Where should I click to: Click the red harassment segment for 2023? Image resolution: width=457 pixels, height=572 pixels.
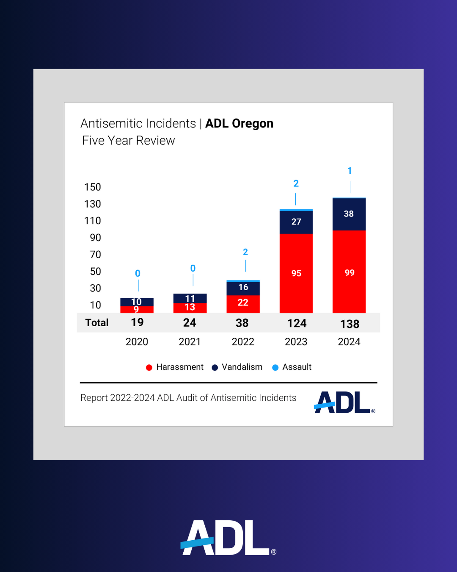click(x=296, y=273)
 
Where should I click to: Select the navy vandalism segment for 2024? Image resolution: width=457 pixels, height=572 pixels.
click(x=349, y=214)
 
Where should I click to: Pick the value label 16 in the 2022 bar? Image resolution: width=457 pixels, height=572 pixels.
click(x=243, y=287)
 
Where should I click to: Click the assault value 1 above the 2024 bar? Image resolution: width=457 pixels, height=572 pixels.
click(x=350, y=171)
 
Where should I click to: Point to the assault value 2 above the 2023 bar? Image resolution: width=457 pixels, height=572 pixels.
click(x=296, y=183)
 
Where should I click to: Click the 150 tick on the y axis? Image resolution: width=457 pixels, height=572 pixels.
click(x=93, y=187)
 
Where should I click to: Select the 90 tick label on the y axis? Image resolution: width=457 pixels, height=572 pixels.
click(x=95, y=238)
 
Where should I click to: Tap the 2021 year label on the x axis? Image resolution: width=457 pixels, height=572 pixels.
click(x=190, y=342)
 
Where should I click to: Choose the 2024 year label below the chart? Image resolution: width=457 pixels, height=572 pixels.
click(x=349, y=342)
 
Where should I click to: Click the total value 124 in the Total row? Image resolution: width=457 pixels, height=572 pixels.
click(x=297, y=324)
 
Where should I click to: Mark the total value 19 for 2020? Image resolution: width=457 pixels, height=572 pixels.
click(x=137, y=323)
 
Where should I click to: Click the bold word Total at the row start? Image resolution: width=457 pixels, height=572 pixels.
click(x=97, y=323)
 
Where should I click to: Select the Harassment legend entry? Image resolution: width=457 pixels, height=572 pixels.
click(x=179, y=367)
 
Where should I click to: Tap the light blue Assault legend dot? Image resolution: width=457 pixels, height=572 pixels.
click(x=275, y=367)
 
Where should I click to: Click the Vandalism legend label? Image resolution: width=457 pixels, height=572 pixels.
click(x=242, y=367)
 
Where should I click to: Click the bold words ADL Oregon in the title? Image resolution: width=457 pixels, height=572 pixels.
click(x=239, y=123)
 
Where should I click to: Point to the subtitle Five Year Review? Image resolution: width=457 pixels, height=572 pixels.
click(x=129, y=141)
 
